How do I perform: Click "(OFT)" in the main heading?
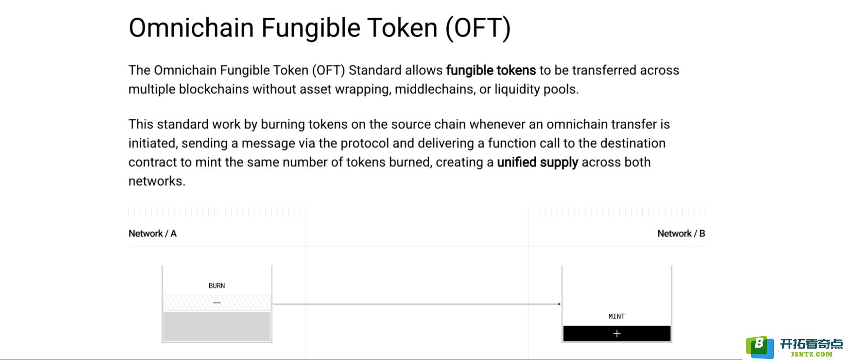click(x=478, y=28)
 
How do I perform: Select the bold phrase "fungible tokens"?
click(x=491, y=70)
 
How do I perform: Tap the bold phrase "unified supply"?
click(x=537, y=162)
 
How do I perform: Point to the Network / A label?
click(x=152, y=233)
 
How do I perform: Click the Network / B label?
click(x=681, y=233)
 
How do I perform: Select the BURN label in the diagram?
click(x=217, y=286)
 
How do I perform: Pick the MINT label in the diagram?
click(x=616, y=316)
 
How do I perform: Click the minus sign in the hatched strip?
click(x=217, y=303)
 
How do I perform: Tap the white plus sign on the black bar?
click(x=617, y=334)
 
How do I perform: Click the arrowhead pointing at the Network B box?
click(x=560, y=304)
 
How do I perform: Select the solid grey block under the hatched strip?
click(x=217, y=327)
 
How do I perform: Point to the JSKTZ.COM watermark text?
click(x=812, y=354)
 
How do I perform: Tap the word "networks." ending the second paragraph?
click(x=157, y=181)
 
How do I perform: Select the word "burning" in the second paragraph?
click(x=283, y=124)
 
